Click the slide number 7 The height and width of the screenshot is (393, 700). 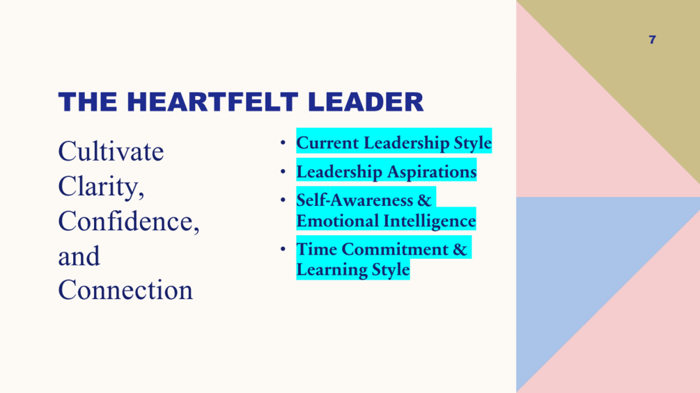[x=652, y=40]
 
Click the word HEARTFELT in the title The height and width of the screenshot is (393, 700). [x=212, y=102]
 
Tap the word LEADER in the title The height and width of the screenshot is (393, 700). [x=366, y=102]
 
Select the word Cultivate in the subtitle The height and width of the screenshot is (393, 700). [x=111, y=152]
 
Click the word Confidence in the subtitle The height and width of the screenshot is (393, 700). [x=126, y=221]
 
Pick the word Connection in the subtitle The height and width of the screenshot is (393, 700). [x=125, y=290]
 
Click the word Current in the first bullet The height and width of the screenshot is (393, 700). [x=327, y=143]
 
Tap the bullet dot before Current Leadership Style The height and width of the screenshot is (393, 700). [x=283, y=143]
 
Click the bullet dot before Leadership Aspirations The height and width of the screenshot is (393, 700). [x=283, y=172]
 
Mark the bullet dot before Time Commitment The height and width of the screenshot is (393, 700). [x=283, y=248]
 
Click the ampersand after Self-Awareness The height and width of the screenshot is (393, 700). [x=424, y=200]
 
